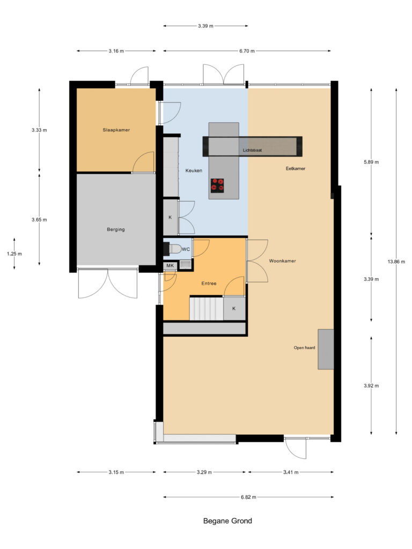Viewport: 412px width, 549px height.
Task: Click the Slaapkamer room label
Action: click(116, 130)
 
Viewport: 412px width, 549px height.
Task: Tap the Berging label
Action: click(116, 229)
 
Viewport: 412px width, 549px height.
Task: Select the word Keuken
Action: click(194, 170)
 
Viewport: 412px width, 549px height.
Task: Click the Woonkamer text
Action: click(282, 261)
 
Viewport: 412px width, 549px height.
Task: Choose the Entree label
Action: click(209, 283)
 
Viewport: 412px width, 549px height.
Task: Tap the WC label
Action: click(186, 249)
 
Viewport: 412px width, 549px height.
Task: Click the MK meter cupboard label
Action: click(170, 266)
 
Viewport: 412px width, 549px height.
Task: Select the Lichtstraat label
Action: click(252, 151)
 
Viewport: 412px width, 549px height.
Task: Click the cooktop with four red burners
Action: click(217, 184)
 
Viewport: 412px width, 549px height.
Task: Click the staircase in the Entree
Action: click(205, 309)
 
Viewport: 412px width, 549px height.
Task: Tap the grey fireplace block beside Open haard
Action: click(326, 349)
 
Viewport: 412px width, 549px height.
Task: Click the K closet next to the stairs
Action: click(234, 309)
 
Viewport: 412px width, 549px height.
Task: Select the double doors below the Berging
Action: click(108, 283)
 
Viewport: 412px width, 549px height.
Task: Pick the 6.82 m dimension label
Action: click(248, 497)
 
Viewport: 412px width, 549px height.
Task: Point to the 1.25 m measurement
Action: click(14, 254)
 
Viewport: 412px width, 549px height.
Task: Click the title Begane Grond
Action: click(227, 521)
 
